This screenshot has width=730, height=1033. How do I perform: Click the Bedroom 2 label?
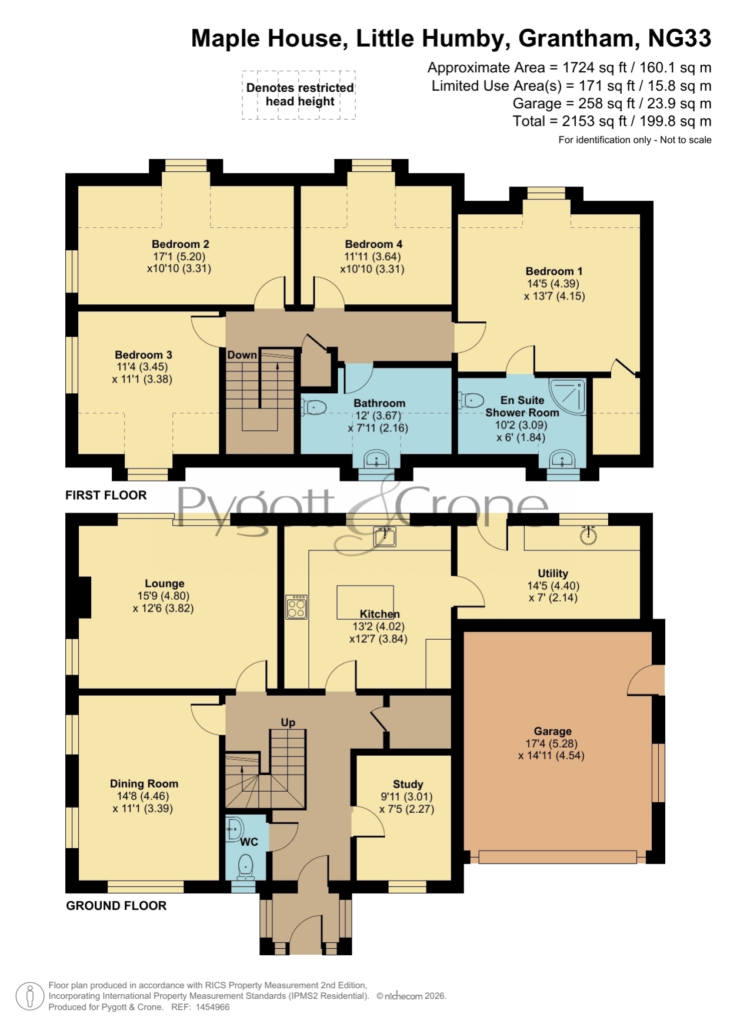[x=181, y=244]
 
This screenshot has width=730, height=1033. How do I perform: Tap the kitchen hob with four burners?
[x=296, y=607]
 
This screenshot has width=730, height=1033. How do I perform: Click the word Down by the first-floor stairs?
[x=242, y=355]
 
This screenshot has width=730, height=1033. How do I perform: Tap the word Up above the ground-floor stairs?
[x=288, y=722]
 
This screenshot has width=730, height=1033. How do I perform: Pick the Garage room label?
[x=553, y=731]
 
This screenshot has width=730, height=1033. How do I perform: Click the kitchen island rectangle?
[x=365, y=602]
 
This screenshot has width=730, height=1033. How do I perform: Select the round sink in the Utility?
[x=588, y=535]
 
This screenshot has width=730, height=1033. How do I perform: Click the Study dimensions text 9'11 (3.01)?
[x=406, y=796]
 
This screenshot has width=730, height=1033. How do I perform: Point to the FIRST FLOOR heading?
[x=106, y=495]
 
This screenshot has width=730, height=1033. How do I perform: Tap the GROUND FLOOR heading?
[x=116, y=905]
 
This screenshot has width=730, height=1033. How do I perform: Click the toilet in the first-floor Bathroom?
[x=314, y=407]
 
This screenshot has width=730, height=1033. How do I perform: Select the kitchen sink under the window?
[x=385, y=536]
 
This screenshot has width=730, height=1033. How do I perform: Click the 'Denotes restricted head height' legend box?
[x=299, y=95]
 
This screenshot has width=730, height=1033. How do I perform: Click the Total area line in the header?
[x=612, y=121]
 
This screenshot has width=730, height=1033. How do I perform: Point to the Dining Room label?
[x=144, y=783]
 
